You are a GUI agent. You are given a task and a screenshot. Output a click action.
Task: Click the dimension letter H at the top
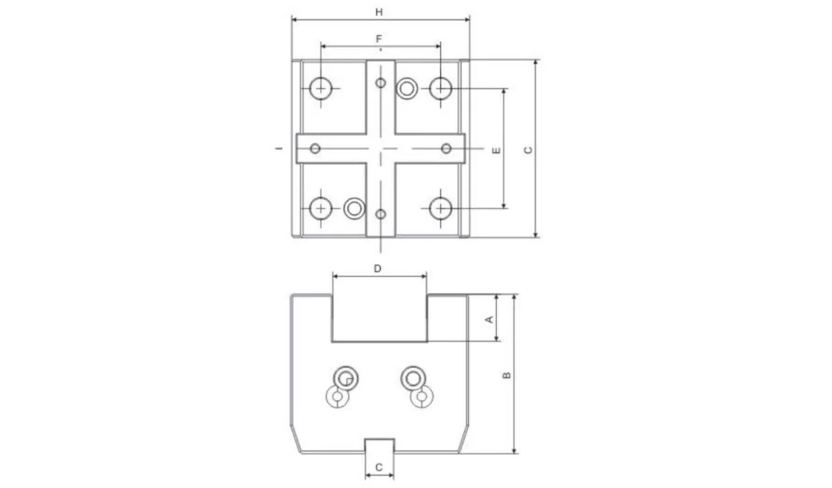379,12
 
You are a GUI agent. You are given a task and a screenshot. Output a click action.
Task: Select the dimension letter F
379,39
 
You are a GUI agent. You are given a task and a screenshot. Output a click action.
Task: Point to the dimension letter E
496,150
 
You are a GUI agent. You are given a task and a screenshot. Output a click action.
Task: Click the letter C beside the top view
528,150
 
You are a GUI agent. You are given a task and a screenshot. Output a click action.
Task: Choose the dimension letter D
378,267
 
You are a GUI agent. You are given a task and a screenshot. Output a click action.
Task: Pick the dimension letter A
488,319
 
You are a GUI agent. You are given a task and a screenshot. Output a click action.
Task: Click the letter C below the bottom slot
379,467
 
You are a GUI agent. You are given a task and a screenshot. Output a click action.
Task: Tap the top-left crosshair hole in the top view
321,89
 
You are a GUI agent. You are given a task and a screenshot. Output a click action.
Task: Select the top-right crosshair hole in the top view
440,89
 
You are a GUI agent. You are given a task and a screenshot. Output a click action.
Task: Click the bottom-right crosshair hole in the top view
440,208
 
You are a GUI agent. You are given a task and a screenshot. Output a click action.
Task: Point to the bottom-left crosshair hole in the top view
321,208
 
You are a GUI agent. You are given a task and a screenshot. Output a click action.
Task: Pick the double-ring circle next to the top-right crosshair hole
408,88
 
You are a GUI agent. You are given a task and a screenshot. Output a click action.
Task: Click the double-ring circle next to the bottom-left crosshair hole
354,208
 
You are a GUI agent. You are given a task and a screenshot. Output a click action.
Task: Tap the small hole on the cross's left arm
315,149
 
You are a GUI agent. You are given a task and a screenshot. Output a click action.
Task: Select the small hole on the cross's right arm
447,149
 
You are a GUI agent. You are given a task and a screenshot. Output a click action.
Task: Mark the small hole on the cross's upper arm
380,83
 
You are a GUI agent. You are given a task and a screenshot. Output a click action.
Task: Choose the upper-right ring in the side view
413,377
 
